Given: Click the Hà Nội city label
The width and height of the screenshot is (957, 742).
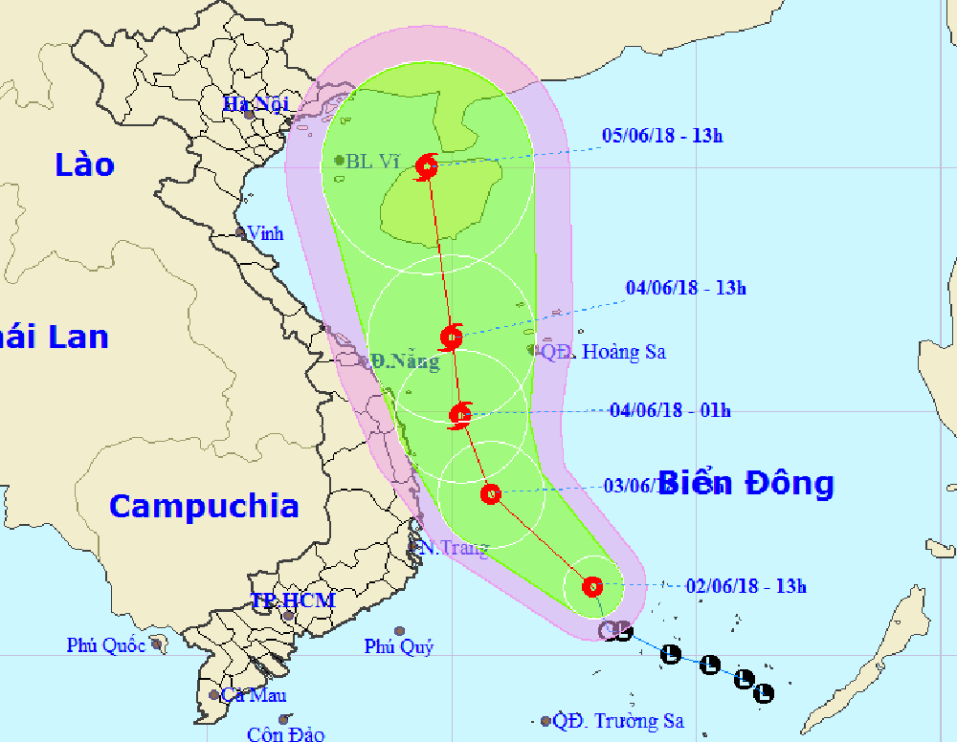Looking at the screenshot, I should [x=250, y=103].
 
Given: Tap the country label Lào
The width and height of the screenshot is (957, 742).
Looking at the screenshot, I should [x=84, y=164].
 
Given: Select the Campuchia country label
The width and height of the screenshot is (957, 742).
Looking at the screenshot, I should [x=203, y=505].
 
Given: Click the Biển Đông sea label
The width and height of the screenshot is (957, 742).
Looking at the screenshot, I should [x=746, y=483].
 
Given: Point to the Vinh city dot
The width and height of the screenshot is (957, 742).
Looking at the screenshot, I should [x=241, y=232].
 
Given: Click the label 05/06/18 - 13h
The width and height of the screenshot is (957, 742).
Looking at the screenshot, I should [x=662, y=135].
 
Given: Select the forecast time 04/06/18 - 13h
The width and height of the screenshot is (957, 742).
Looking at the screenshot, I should [x=685, y=287].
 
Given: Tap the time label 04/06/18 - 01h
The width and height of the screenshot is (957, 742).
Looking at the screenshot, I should [x=670, y=410].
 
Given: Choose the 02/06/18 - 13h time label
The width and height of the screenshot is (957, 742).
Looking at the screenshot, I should [x=746, y=586].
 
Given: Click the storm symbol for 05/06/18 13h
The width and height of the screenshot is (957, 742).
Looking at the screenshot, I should [x=427, y=168].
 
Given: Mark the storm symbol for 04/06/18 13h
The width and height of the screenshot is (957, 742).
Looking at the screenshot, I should [x=452, y=337].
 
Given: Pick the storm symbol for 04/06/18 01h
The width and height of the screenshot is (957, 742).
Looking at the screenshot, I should [x=461, y=414].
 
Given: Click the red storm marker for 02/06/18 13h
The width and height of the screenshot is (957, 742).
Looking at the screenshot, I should [x=592, y=585].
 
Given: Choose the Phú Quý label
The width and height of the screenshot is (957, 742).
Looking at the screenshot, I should [x=399, y=647].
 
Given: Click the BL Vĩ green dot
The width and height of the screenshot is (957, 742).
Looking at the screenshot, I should [x=340, y=161].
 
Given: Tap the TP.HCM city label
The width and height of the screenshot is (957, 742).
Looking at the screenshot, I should [x=293, y=600].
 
